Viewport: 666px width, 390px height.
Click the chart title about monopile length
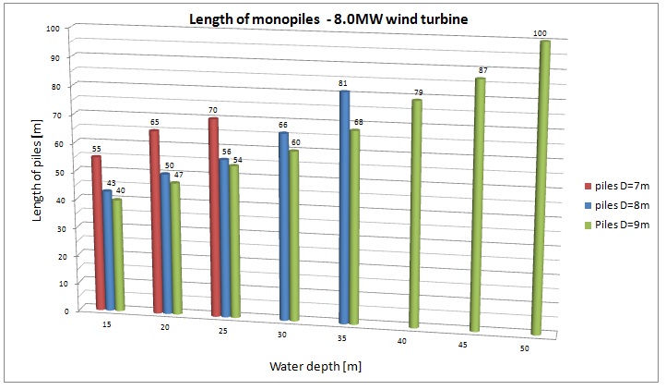[x=334, y=18]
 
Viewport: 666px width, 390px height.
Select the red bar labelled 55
[x=98, y=231]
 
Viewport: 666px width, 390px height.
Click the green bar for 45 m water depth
[x=479, y=203]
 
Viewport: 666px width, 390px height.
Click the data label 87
[x=482, y=71]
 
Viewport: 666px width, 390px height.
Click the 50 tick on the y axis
[x=52, y=170]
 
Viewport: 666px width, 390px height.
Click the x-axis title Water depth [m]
[x=315, y=367]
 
